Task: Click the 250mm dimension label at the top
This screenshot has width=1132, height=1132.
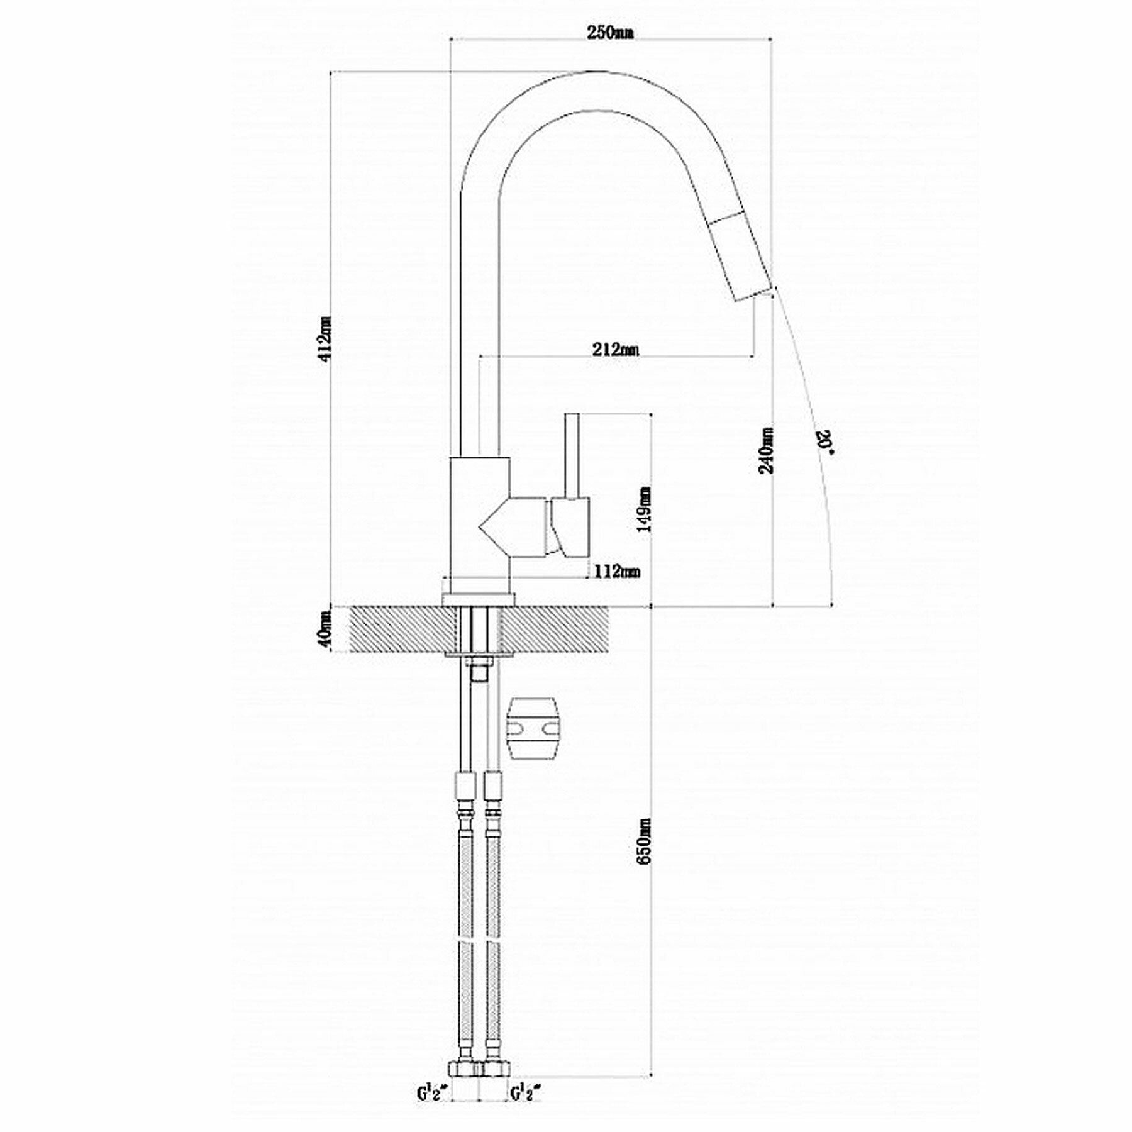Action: pos(609,33)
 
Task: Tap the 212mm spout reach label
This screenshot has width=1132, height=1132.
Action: pos(616,349)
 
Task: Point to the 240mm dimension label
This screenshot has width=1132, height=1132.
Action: pos(767,450)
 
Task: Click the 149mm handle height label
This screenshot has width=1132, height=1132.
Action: pos(644,509)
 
